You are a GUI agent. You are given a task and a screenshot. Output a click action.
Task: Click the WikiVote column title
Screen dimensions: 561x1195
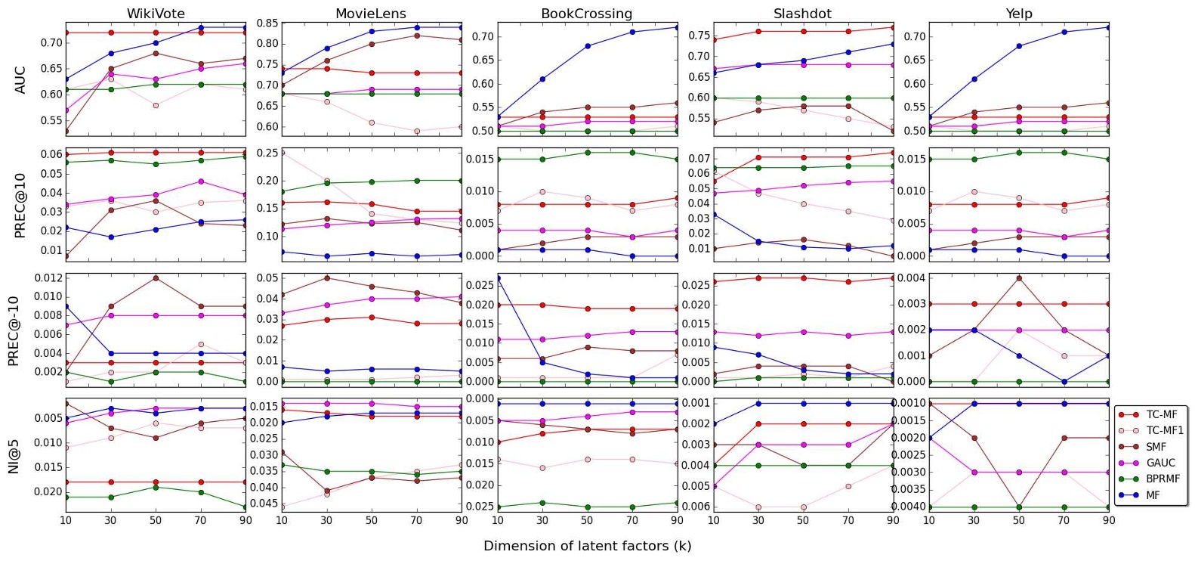(156, 14)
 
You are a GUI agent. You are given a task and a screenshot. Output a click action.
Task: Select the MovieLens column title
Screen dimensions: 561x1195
(370, 14)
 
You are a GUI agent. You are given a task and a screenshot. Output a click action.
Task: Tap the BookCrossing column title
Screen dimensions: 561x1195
(586, 14)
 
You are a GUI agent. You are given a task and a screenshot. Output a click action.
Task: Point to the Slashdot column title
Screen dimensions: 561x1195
(802, 14)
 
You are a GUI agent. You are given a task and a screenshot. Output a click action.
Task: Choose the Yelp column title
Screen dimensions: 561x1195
(1018, 14)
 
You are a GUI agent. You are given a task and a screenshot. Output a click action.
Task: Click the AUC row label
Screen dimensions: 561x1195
(20, 79)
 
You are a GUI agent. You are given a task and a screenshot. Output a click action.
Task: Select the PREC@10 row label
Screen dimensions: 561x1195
(20, 205)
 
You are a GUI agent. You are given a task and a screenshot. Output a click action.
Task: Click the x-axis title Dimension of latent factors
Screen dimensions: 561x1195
(587, 546)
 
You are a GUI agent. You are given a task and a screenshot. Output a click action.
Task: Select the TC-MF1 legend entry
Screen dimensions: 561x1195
(1164, 430)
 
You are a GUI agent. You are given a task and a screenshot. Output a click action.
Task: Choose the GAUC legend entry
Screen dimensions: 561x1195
(1159, 463)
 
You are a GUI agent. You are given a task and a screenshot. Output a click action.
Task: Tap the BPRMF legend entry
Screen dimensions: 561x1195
(1163, 479)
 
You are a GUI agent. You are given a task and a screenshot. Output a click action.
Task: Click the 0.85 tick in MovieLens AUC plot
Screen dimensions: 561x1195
(267, 23)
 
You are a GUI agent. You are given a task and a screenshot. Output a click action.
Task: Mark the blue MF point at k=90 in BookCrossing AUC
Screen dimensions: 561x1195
(677, 27)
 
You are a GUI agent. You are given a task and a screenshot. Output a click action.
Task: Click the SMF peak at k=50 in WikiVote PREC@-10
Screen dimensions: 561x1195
(156, 278)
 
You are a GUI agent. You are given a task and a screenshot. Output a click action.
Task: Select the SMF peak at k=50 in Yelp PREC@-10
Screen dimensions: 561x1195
(1019, 278)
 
